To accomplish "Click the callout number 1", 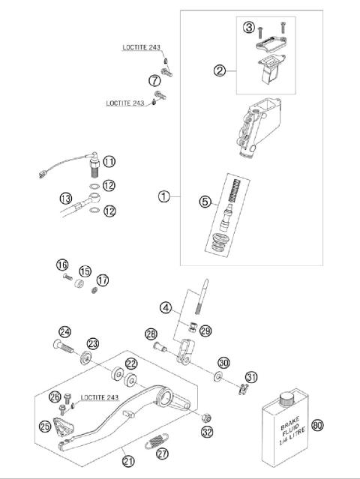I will pyautogui.click(x=164, y=196).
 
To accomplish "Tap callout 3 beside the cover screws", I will pyautogui.click(x=249, y=28).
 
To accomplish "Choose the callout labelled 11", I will pyautogui.click(x=109, y=161).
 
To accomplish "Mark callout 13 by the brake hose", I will pyautogui.click(x=67, y=198).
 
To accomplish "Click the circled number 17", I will pyautogui.click(x=103, y=280).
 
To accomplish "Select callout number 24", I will pyautogui.click(x=65, y=332).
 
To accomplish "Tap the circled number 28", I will pyautogui.click(x=151, y=334).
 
